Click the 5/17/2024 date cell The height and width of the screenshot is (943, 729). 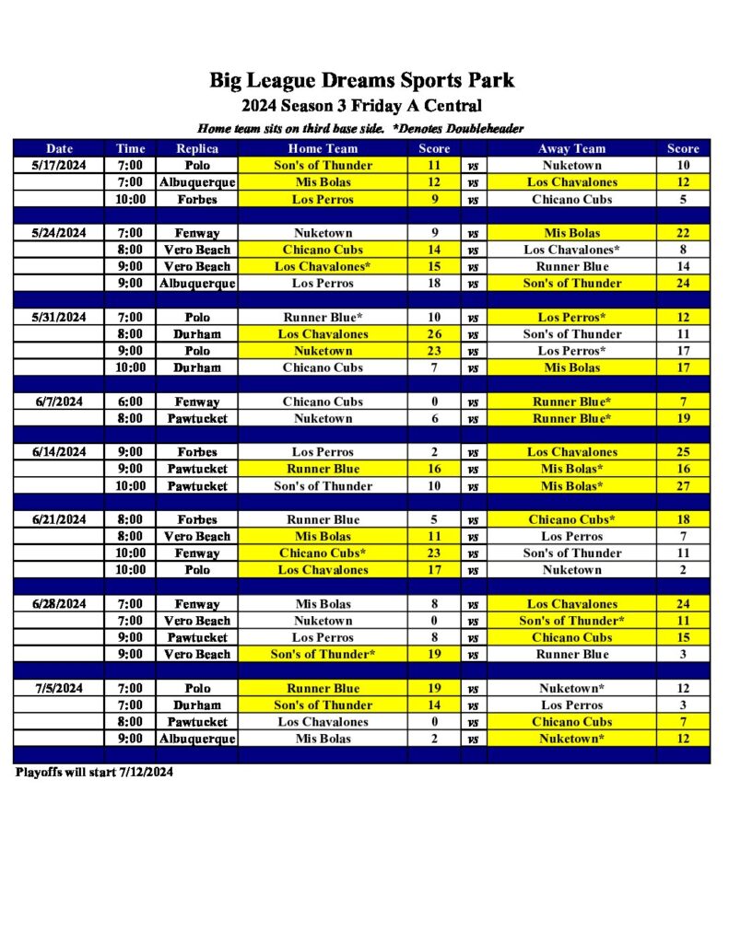[x=59, y=165]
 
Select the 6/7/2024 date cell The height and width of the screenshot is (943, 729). [x=59, y=402]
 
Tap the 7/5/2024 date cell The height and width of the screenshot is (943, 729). [x=59, y=688]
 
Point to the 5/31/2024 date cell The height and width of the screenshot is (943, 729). [x=59, y=317]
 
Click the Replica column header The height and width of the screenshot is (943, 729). [x=197, y=148]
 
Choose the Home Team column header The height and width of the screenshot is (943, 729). [x=323, y=148]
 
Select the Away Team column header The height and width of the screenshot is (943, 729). [x=571, y=148]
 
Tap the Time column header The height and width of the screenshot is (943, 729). [x=131, y=148]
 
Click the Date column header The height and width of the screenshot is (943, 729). [x=59, y=148]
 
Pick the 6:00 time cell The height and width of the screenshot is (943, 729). [x=131, y=402]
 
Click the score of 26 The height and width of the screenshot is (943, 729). [x=434, y=334]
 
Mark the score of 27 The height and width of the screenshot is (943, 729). [x=683, y=485]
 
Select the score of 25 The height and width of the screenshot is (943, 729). [x=683, y=452]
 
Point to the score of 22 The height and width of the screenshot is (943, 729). [x=683, y=233]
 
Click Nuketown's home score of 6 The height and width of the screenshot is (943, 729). [x=434, y=418]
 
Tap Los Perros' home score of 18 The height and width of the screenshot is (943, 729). [x=434, y=283]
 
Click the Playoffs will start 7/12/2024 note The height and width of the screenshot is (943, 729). [x=94, y=773]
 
